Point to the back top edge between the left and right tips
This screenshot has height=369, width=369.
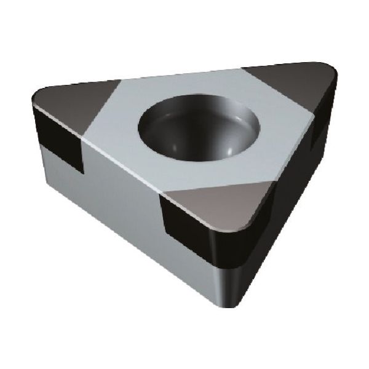(x=178, y=74)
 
